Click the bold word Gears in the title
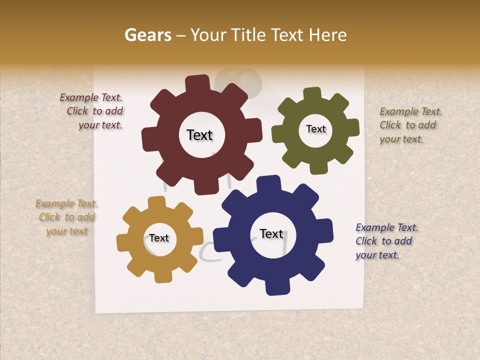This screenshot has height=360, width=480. tap(147, 35)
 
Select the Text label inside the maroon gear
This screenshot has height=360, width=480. tap(199, 135)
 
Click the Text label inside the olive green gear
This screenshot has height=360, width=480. tap(315, 129)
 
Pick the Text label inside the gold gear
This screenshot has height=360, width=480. tap(159, 238)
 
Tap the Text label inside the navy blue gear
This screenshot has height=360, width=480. tap(271, 234)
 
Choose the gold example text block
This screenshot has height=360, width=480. tap(67, 217)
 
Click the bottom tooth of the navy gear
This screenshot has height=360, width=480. tap(277, 287)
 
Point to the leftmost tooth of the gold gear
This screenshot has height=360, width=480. tap(122, 243)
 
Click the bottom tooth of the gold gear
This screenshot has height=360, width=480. tap(162, 276)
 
